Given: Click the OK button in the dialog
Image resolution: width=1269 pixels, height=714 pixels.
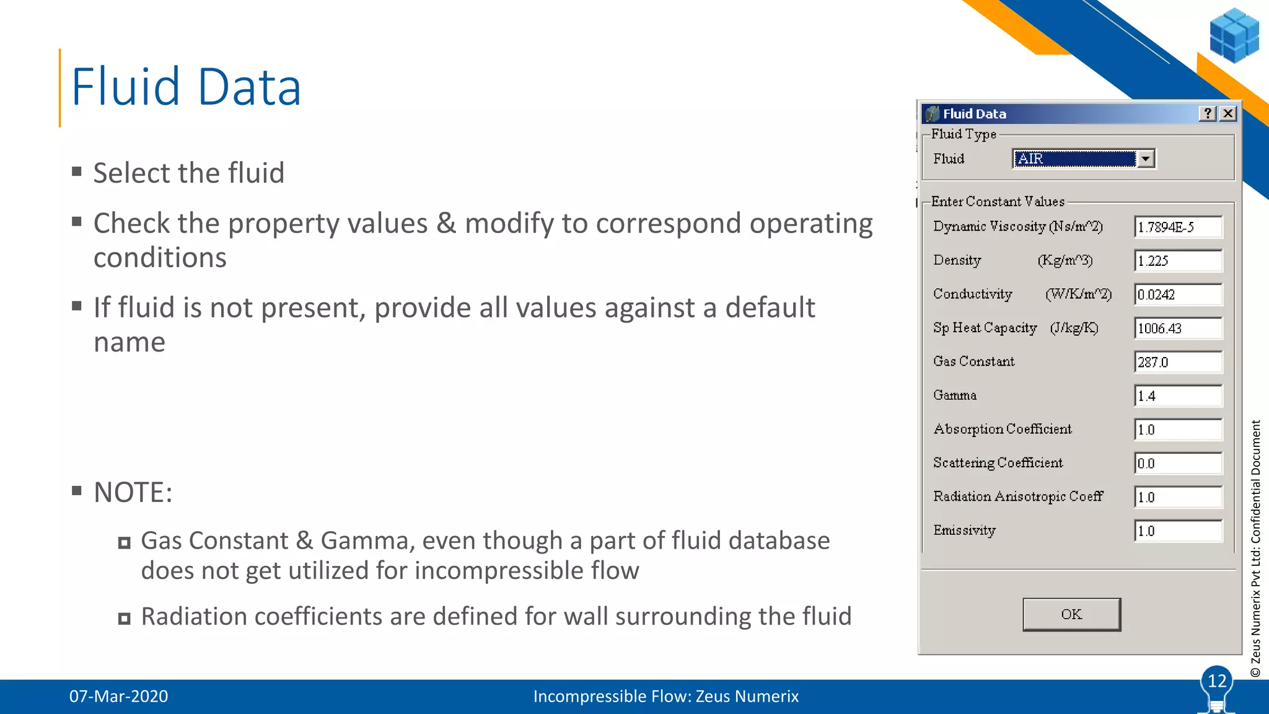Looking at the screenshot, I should [x=1071, y=614].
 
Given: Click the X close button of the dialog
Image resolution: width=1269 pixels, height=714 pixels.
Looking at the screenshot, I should [x=1227, y=113].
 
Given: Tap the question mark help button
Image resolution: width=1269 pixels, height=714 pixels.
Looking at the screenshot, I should [x=1207, y=113].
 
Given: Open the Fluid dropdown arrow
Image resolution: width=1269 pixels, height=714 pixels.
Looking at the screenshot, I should [x=1146, y=159].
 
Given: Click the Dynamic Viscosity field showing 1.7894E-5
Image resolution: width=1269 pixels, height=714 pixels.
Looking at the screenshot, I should [x=1177, y=227].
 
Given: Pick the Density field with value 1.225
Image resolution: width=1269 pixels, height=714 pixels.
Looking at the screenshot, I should [x=1177, y=261].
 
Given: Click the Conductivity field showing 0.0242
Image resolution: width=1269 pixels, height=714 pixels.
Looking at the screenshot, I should [x=1177, y=294].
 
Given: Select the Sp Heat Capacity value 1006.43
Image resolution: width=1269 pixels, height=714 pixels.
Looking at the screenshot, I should [x=1177, y=328].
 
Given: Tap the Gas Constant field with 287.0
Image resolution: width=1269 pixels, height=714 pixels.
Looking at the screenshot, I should [x=1177, y=362].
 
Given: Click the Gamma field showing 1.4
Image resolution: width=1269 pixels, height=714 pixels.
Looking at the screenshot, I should [x=1177, y=396].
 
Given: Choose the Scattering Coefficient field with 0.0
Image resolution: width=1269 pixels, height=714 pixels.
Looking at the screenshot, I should [x=1177, y=464].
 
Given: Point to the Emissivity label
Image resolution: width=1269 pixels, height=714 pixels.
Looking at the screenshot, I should [x=964, y=531].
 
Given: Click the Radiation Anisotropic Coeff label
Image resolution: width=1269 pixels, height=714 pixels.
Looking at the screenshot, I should [x=1017, y=496].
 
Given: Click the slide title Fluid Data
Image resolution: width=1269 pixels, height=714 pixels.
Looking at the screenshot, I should [x=186, y=87].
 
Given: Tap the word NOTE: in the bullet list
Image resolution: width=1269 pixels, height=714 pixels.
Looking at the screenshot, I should [x=133, y=493].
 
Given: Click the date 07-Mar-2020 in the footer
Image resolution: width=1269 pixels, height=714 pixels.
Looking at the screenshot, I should [x=118, y=696].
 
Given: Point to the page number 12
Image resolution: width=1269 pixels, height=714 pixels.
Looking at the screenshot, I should [x=1217, y=681].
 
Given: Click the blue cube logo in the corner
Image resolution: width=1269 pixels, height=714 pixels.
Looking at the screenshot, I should [x=1234, y=35].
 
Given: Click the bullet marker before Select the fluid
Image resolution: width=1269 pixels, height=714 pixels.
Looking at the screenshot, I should [x=77, y=172].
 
